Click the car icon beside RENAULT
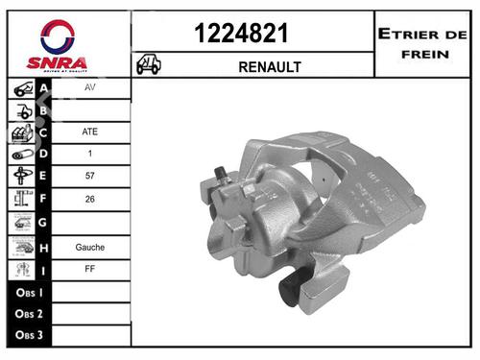pyautogui.click(x=149, y=65)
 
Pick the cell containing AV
pyautogui.click(x=90, y=86)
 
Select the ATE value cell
pyautogui.click(x=90, y=132)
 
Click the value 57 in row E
pyautogui.click(x=90, y=177)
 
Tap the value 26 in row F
pyautogui.click(x=90, y=200)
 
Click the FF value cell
pyautogui.click(x=90, y=270)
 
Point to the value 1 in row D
pyautogui.click(x=90, y=154)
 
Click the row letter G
pyautogui.click(x=43, y=223)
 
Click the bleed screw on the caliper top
pyautogui.click(x=221, y=176)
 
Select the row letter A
pyautogui.click(x=43, y=86)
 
